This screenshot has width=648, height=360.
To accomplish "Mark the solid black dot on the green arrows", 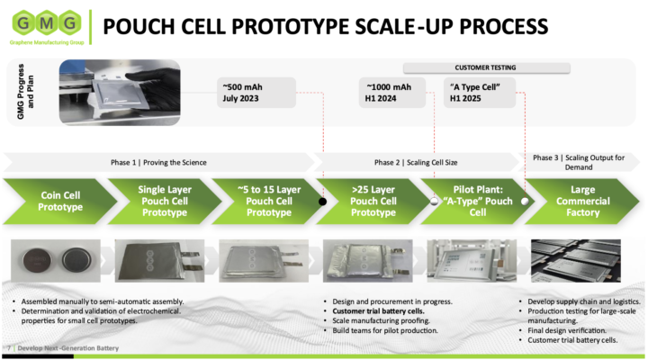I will [x=322, y=202].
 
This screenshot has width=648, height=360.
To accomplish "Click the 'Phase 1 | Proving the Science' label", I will [x=162, y=162].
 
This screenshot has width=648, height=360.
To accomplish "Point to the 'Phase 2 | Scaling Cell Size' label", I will [x=418, y=162].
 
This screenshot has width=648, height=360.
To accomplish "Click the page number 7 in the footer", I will [x=9, y=347].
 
